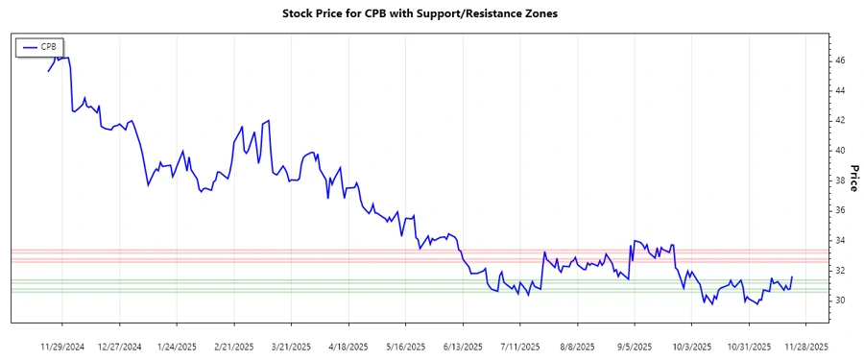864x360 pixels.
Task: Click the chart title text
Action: point(420,13)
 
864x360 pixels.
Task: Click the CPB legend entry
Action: point(40,46)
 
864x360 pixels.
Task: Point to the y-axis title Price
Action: point(852,177)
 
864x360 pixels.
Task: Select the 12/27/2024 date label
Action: point(121,346)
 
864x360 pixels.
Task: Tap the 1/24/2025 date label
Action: point(177,346)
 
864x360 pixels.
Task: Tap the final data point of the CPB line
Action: point(792,276)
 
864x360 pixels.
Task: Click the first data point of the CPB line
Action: point(49,70)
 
